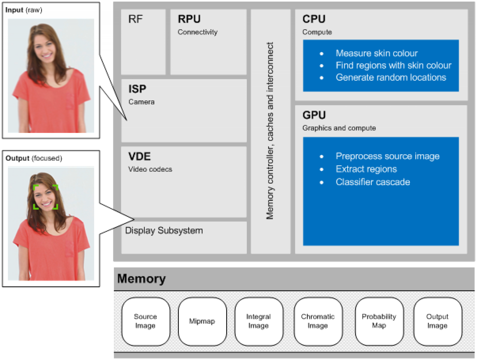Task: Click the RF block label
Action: point(135,19)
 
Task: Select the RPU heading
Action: point(189,19)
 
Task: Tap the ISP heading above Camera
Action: point(137,89)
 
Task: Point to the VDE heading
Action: point(139,157)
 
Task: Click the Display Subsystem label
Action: point(164,231)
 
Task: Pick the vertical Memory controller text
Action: point(270,130)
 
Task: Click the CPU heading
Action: point(314,19)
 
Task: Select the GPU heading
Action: point(314,115)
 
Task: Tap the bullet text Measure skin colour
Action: point(376,53)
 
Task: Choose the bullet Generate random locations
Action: point(391,77)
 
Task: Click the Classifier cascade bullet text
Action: point(373,182)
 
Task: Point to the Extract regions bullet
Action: point(366,169)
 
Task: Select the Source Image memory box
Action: point(145,321)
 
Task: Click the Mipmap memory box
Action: point(202,321)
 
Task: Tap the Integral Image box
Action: point(259,321)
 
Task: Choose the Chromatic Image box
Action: point(318,321)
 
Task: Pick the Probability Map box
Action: point(379,321)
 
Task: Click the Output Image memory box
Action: point(437,321)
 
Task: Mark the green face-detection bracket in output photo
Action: point(46,197)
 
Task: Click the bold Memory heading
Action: point(141,279)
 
